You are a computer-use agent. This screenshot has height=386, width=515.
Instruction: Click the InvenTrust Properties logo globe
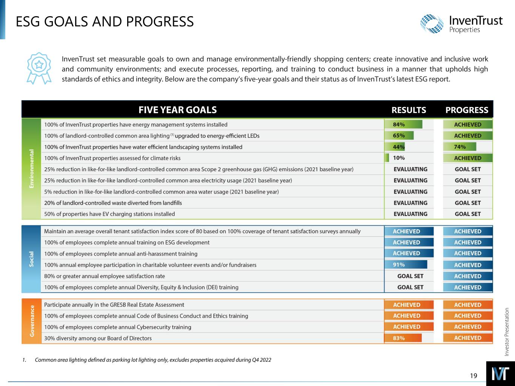[x=432, y=24]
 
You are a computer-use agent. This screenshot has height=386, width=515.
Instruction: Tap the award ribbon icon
[x=38, y=68]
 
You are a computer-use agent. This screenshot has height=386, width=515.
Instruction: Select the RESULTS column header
[x=409, y=110]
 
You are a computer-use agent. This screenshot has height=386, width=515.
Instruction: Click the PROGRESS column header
[x=467, y=110]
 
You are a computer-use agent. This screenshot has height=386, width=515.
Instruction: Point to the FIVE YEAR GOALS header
[x=177, y=110]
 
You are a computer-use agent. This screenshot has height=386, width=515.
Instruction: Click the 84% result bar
[x=403, y=124]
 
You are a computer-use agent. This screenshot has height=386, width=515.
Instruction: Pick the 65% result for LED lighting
[x=399, y=135]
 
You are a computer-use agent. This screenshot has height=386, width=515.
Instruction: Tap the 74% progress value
[x=460, y=147]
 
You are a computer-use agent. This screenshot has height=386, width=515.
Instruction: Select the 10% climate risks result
[x=399, y=158]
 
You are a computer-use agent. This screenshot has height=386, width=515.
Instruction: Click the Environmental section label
[x=31, y=169]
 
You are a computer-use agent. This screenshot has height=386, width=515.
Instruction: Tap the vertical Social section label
[x=31, y=259]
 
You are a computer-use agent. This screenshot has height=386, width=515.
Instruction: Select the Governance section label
[x=31, y=321]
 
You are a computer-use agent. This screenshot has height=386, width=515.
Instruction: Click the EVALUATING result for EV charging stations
[x=410, y=214]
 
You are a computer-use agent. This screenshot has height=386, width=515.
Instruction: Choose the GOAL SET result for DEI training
[x=410, y=287]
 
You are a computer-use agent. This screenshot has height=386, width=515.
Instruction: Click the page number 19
[x=473, y=375]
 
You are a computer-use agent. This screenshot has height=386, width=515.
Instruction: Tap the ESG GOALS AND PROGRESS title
[x=105, y=22]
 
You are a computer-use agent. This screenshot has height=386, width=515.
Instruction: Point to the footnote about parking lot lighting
[x=153, y=360]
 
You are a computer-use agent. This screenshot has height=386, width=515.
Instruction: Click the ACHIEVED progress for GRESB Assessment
[x=467, y=305]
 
